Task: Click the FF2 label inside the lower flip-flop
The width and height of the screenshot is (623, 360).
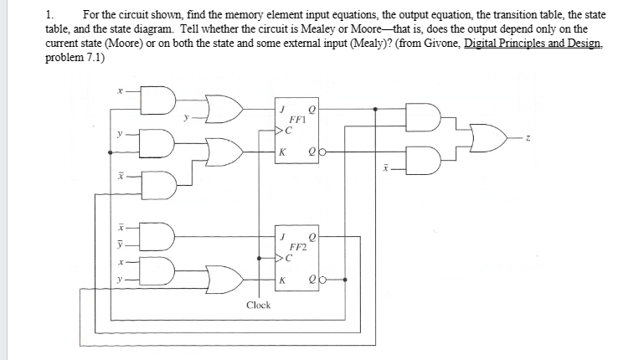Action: (x=297, y=248)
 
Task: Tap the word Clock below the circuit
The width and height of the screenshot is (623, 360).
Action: (x=258, y=305)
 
